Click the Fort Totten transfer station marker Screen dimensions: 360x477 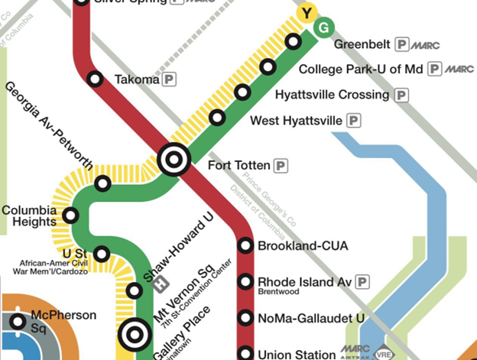tap(173, 160)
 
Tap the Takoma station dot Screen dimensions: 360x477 tap(95, 79)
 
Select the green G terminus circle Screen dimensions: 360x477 tap(323, 28)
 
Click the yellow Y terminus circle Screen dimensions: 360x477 tap(307, 13)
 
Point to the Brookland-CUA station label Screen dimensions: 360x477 tap(303, 246)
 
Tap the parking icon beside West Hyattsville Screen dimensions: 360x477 tap(353, 121)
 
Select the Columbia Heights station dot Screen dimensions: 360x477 tap(70, 215)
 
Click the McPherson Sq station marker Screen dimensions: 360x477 tap(18, 322)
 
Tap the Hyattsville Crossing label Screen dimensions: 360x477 tap(331, 95)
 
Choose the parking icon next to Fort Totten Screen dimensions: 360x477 tap(281, 165)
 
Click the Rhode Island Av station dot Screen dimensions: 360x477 tap(245, 282)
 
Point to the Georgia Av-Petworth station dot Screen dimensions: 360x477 tap(102, 183)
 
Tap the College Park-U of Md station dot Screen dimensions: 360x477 tap(268, 67)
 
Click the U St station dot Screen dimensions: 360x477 tap(101, 254)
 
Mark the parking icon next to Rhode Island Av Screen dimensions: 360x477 tap(362, 282)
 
